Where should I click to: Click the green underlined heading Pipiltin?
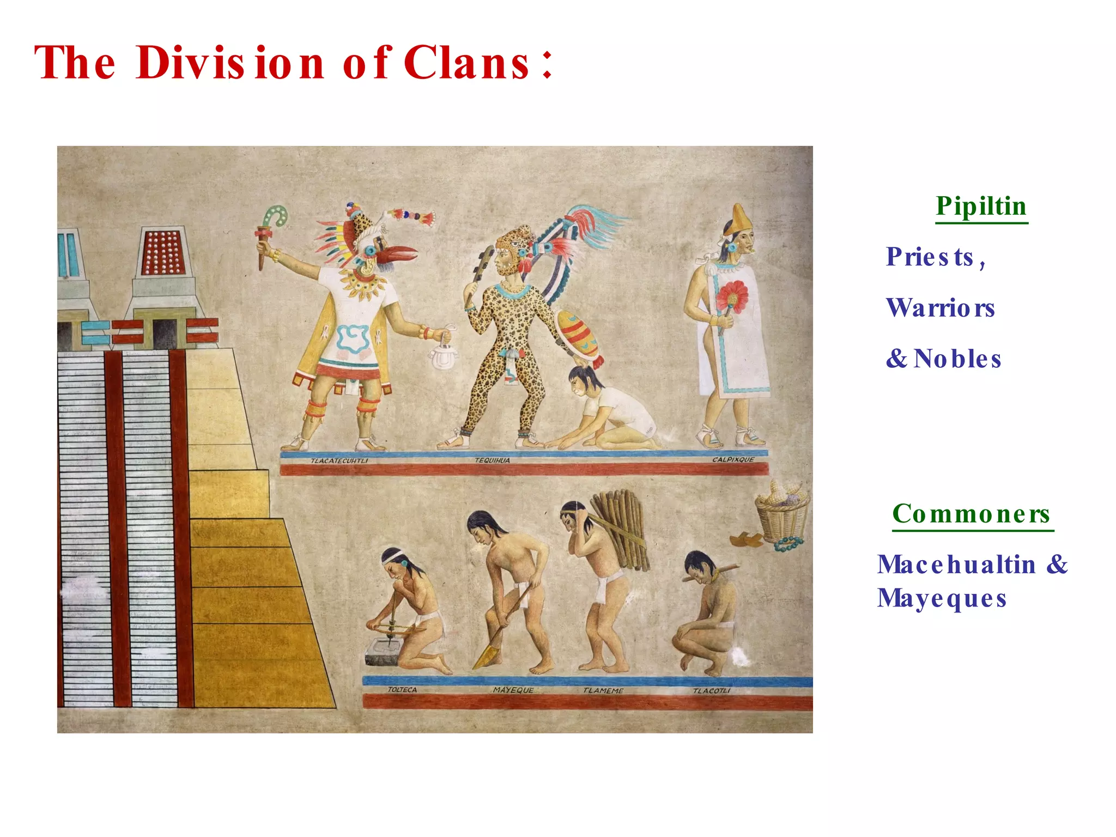[981, 207]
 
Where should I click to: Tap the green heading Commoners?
[971, 514]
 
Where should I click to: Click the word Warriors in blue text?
[941, 308]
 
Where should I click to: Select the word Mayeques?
[942, 598]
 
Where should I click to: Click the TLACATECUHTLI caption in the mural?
[339, 461]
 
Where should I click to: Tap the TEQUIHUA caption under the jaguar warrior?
[492, 461]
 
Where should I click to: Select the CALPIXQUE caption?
[733, 460]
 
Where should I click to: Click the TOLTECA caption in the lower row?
[402, 690]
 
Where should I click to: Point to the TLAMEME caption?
[603, 691]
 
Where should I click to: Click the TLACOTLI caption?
[711, 691]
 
